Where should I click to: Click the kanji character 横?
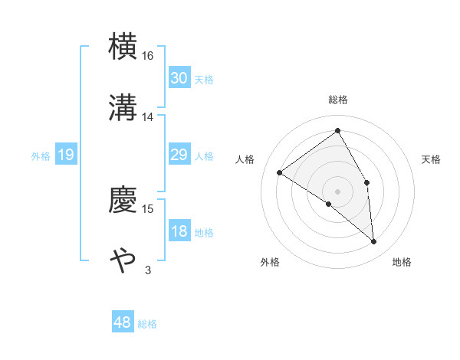pos(123,47)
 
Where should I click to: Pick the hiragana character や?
pos(123,261)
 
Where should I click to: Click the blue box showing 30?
pos(179,78)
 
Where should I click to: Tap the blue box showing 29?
pos(179,155)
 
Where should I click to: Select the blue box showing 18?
pos(179,232)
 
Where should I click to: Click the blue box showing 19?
pos(65,155)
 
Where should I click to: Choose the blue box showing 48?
pos(123,322)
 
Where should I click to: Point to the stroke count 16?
pos(148,56)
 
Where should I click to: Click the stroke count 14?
pos(148,117)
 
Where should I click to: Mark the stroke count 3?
pos(148,270)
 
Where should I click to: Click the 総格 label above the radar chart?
pos(338,100)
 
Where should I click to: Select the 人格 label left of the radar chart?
pos(245,159)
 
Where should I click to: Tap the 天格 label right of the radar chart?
pos(431,159)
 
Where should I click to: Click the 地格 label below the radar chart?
pos(402,262)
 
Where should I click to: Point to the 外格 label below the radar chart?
pos(270,262)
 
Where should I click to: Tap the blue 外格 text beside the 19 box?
pos(41,156)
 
